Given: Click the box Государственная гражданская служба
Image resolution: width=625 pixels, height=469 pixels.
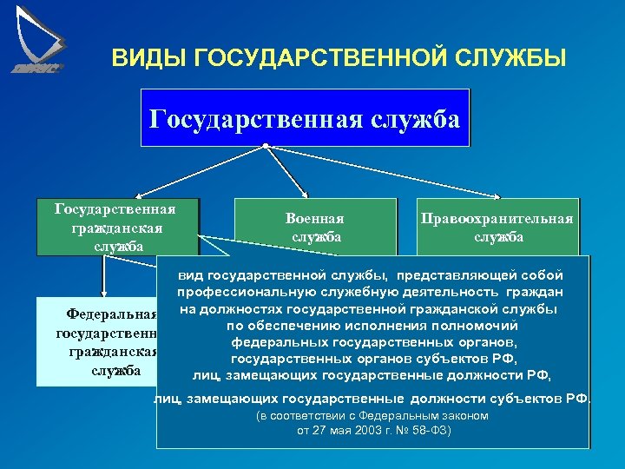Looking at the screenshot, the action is (116, 227).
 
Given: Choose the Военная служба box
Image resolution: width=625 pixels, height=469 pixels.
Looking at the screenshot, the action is (314, 227).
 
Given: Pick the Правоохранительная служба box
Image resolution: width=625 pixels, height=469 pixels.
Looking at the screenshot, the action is (497, 227).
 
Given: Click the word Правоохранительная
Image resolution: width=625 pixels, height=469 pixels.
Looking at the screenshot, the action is (497, 218).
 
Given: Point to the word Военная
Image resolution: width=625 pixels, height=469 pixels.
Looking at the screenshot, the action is (314, 218).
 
